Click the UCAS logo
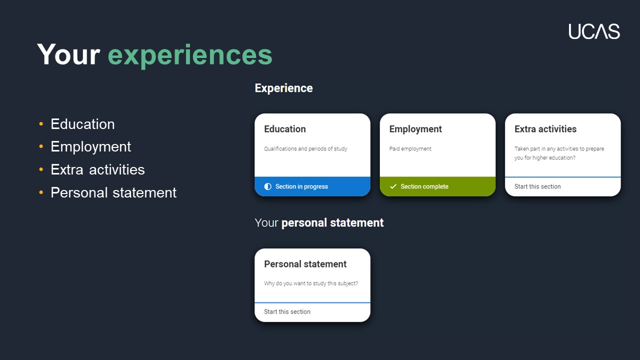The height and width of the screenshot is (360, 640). pos(594,31)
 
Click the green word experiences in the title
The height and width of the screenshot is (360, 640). pos(190,55)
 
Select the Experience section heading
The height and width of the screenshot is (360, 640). pos(283,88)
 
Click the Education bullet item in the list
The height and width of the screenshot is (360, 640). pos(82,124)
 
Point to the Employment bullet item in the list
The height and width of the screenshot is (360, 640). pos(91,147)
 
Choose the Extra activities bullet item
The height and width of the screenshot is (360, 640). pos(97,169)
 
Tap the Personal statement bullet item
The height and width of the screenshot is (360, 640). pos(113,192)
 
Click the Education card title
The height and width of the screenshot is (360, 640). pos(285,129)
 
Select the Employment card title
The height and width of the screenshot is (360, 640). pos(415,129)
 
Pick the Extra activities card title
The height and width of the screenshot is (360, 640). pos(545,129)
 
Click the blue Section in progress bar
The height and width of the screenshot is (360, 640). pos(312,186)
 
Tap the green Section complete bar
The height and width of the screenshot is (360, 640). pos(437,186)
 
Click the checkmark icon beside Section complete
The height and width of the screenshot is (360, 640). pos(393,186)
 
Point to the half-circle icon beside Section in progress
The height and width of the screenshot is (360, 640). pos(267,186)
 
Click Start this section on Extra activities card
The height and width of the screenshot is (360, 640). pos(537,186)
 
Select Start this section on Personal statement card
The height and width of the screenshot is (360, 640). pos(287,311)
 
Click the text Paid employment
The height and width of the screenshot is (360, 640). pos(410,149)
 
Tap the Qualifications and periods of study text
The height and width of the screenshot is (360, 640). pos(305,149)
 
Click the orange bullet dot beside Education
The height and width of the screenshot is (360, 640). pos(41,124)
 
